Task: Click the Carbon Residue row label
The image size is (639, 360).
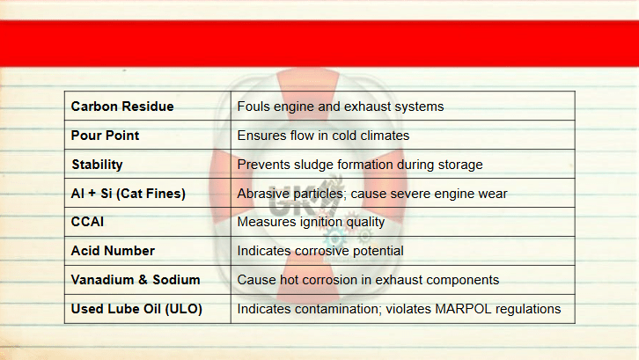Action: (122, 107)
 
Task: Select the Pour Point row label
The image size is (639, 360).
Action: (105, 136)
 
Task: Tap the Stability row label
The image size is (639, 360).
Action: (97, 165)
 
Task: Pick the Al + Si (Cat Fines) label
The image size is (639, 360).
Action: (128, 194)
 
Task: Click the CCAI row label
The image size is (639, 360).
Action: (87, 222)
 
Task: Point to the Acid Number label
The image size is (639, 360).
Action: (113, 251)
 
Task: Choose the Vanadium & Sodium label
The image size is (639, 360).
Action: (136, 280)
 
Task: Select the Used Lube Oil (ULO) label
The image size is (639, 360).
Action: (136, 309)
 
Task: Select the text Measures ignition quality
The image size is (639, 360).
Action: (311, 222)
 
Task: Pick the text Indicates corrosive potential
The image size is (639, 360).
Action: (320, 251)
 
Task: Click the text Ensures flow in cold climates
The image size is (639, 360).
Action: (323, 136)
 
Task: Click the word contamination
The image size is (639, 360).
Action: (337, 309)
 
